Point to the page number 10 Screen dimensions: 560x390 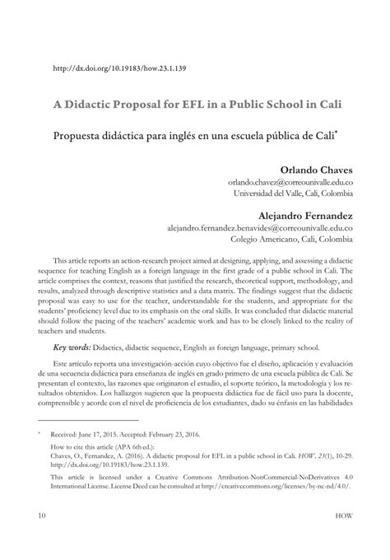tap(40, 539)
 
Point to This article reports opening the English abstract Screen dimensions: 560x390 tap(91, 259)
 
